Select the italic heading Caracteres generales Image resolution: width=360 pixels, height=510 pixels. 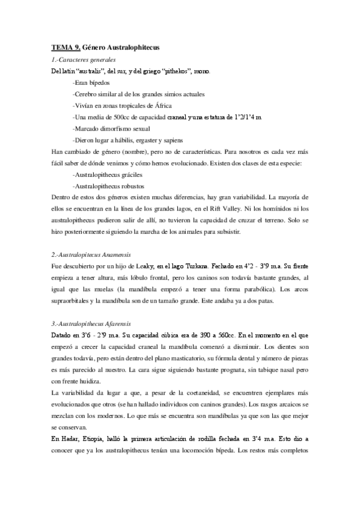click(88, 60)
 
